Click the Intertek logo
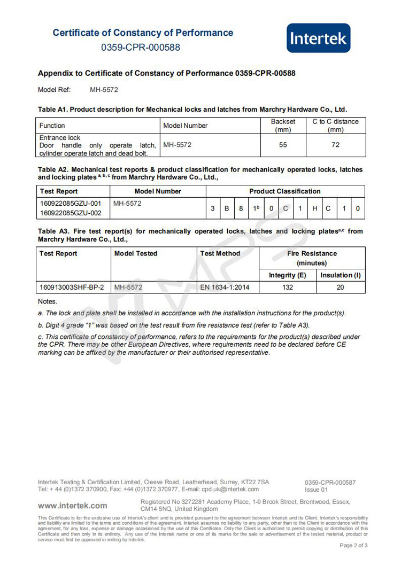point(318,38)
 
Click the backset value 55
point(283,145)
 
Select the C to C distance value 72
point(335,145)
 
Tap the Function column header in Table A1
point(52,126)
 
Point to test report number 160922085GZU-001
point(71,204)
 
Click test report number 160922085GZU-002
point(71,213)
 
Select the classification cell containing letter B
point(227,208)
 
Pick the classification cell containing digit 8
point(241,208)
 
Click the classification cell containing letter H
point(315,208)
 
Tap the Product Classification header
point(285,191)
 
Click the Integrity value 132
point(287,288)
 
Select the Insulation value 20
point(341,288)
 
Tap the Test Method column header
point(220,253)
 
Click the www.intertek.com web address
point(72,505)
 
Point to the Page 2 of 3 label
point(353,546)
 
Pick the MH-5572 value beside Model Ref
point(104,90)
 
